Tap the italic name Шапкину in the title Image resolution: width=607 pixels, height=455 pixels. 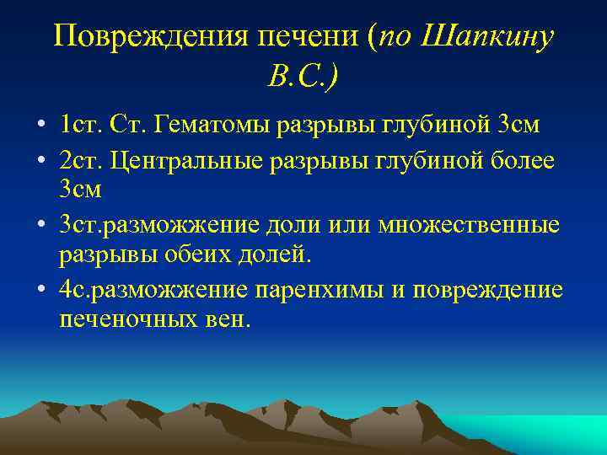point(488,36)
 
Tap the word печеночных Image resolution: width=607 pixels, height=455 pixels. point(121,319)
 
